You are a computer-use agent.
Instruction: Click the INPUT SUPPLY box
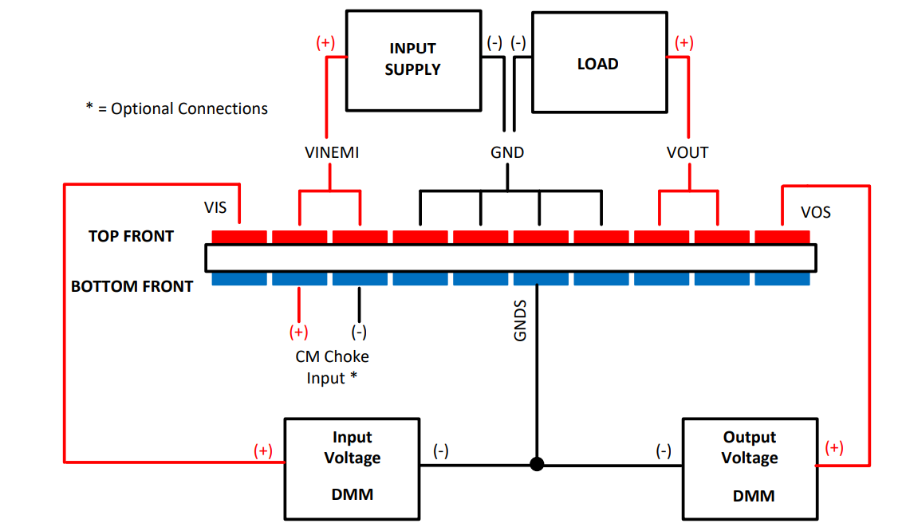click(412, 60)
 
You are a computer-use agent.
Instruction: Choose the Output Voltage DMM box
click(749, 467)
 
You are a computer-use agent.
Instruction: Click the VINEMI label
click(332, 152)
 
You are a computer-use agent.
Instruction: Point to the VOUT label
click(687, 152)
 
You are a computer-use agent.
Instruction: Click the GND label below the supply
click(507, 152)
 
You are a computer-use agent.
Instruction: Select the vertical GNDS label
click(520, 321)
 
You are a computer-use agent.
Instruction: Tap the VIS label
click(215, 208)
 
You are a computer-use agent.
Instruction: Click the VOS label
click(816, 212)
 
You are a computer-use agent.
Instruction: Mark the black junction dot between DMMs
click(537, 463)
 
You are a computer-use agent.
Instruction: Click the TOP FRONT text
click(131, 236)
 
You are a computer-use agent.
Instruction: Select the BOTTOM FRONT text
click(132, 286)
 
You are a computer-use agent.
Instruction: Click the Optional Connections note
click(177, 108)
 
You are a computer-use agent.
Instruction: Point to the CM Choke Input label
click(332, 367)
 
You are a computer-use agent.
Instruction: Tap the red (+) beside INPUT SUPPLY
click(325, 43)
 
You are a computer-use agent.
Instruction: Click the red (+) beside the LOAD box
click(683, 43)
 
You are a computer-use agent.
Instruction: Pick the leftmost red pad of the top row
click(239, 237)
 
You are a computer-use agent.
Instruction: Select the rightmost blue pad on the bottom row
click(782, 279)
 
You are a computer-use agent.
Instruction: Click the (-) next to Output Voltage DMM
click(664, 451)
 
